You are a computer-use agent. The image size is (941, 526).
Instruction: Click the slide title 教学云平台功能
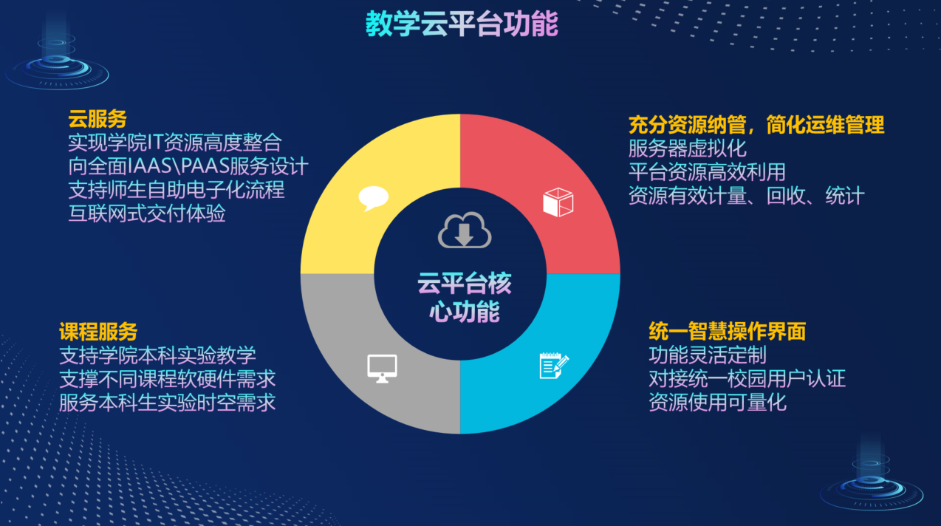click(x=462, y=24)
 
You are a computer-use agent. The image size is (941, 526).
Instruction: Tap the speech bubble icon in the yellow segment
click(x=374, y=198)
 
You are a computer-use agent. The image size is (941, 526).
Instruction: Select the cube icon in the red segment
click(x=558, y=202)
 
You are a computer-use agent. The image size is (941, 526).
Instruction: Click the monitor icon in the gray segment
click(x=382, y=369)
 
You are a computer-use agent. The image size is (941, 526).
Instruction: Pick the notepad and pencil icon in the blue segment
click(x=554, y=366)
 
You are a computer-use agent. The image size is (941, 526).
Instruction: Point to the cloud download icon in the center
click(x=465, y=230)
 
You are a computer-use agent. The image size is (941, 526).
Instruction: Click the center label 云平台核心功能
click(x=465, y=297)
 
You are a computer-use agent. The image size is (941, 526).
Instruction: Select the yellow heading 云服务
click(x=97, y=119)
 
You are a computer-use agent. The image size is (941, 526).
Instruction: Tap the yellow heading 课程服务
click(x=98, y=332)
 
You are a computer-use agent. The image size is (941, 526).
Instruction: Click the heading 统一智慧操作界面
click(x=728, y=331)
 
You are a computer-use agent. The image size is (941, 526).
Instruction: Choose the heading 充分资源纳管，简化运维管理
click(x=756, y=124)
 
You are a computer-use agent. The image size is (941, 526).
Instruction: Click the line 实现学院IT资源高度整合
click(x=175, y=143)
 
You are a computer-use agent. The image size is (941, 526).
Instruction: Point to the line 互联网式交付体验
click(x=146, y=214)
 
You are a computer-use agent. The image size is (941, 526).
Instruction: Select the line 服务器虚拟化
click(x=687, y=148)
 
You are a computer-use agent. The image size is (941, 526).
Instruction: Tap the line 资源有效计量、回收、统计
click(x=747, y=195)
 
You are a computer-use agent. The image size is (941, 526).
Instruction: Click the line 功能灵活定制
click(x=708, y=355)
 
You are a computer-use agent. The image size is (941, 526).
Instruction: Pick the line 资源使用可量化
click(x=717, y=402)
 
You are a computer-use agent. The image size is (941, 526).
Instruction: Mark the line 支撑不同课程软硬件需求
click(x=167, y=378)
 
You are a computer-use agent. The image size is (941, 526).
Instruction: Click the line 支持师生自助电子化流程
click(x=177, y=190)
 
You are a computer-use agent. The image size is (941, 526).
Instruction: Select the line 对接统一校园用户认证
click(x=747, y=378)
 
